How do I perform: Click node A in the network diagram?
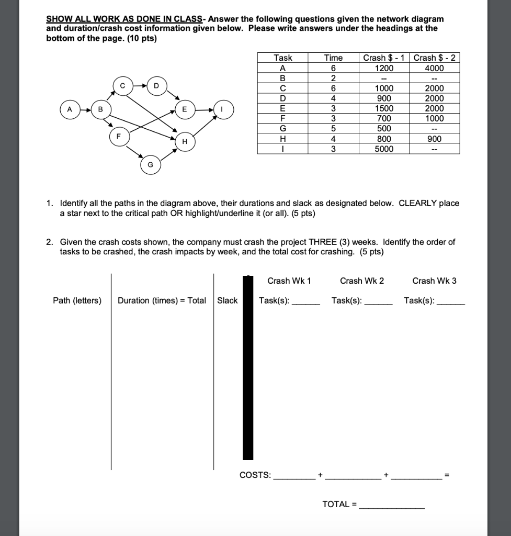[x=70, y=109]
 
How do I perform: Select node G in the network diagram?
[x=150, y=164]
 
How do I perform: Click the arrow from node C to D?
[x=139, y=85]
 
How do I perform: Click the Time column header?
[x=333, y=58]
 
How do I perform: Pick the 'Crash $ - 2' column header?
[x=435, y=58]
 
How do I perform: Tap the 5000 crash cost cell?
[x=384, y=149]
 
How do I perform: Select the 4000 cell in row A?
[x=435, y=68]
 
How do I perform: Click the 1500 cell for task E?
[x=384, y=108]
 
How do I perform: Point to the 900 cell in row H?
[x=435, y=139]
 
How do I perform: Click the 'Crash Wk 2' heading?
[x=362, y=281]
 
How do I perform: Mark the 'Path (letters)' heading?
[x=77, y=300]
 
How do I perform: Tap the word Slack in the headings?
[x=228, y=300]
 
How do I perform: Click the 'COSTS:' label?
[x=255, y=475]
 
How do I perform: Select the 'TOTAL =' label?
[x=339, y=504]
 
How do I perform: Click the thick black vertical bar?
[x=248, y=366]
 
